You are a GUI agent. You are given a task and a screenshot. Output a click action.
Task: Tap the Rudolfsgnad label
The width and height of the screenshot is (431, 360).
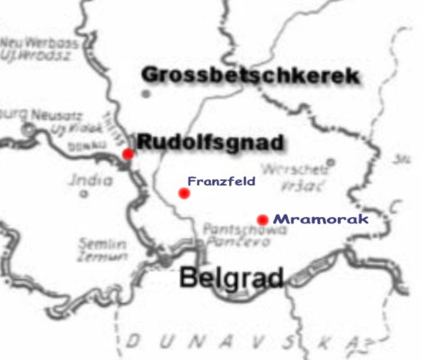click(x=210, y=142)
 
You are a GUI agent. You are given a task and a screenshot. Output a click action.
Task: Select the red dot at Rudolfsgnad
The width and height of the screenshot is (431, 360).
click(x=128, y=153)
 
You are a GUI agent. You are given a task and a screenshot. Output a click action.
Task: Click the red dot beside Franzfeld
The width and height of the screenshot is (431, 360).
click(x=184, y=193)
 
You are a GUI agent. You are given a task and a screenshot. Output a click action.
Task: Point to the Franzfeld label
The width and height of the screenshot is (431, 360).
click(x=221, y=182)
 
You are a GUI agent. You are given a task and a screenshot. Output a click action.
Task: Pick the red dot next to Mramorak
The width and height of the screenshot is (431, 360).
click(x=263, y=219)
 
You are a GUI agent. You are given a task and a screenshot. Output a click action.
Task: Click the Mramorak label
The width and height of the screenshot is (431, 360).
click(x=320, y=219)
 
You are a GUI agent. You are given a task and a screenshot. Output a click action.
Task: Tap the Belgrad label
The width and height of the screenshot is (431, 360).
click(x=232, y=278)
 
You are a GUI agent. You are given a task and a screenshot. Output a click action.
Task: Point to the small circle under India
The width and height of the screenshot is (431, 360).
click(x=84, y=194)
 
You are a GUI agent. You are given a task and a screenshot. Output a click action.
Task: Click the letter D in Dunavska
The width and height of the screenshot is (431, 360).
click(x=133, y=342)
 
